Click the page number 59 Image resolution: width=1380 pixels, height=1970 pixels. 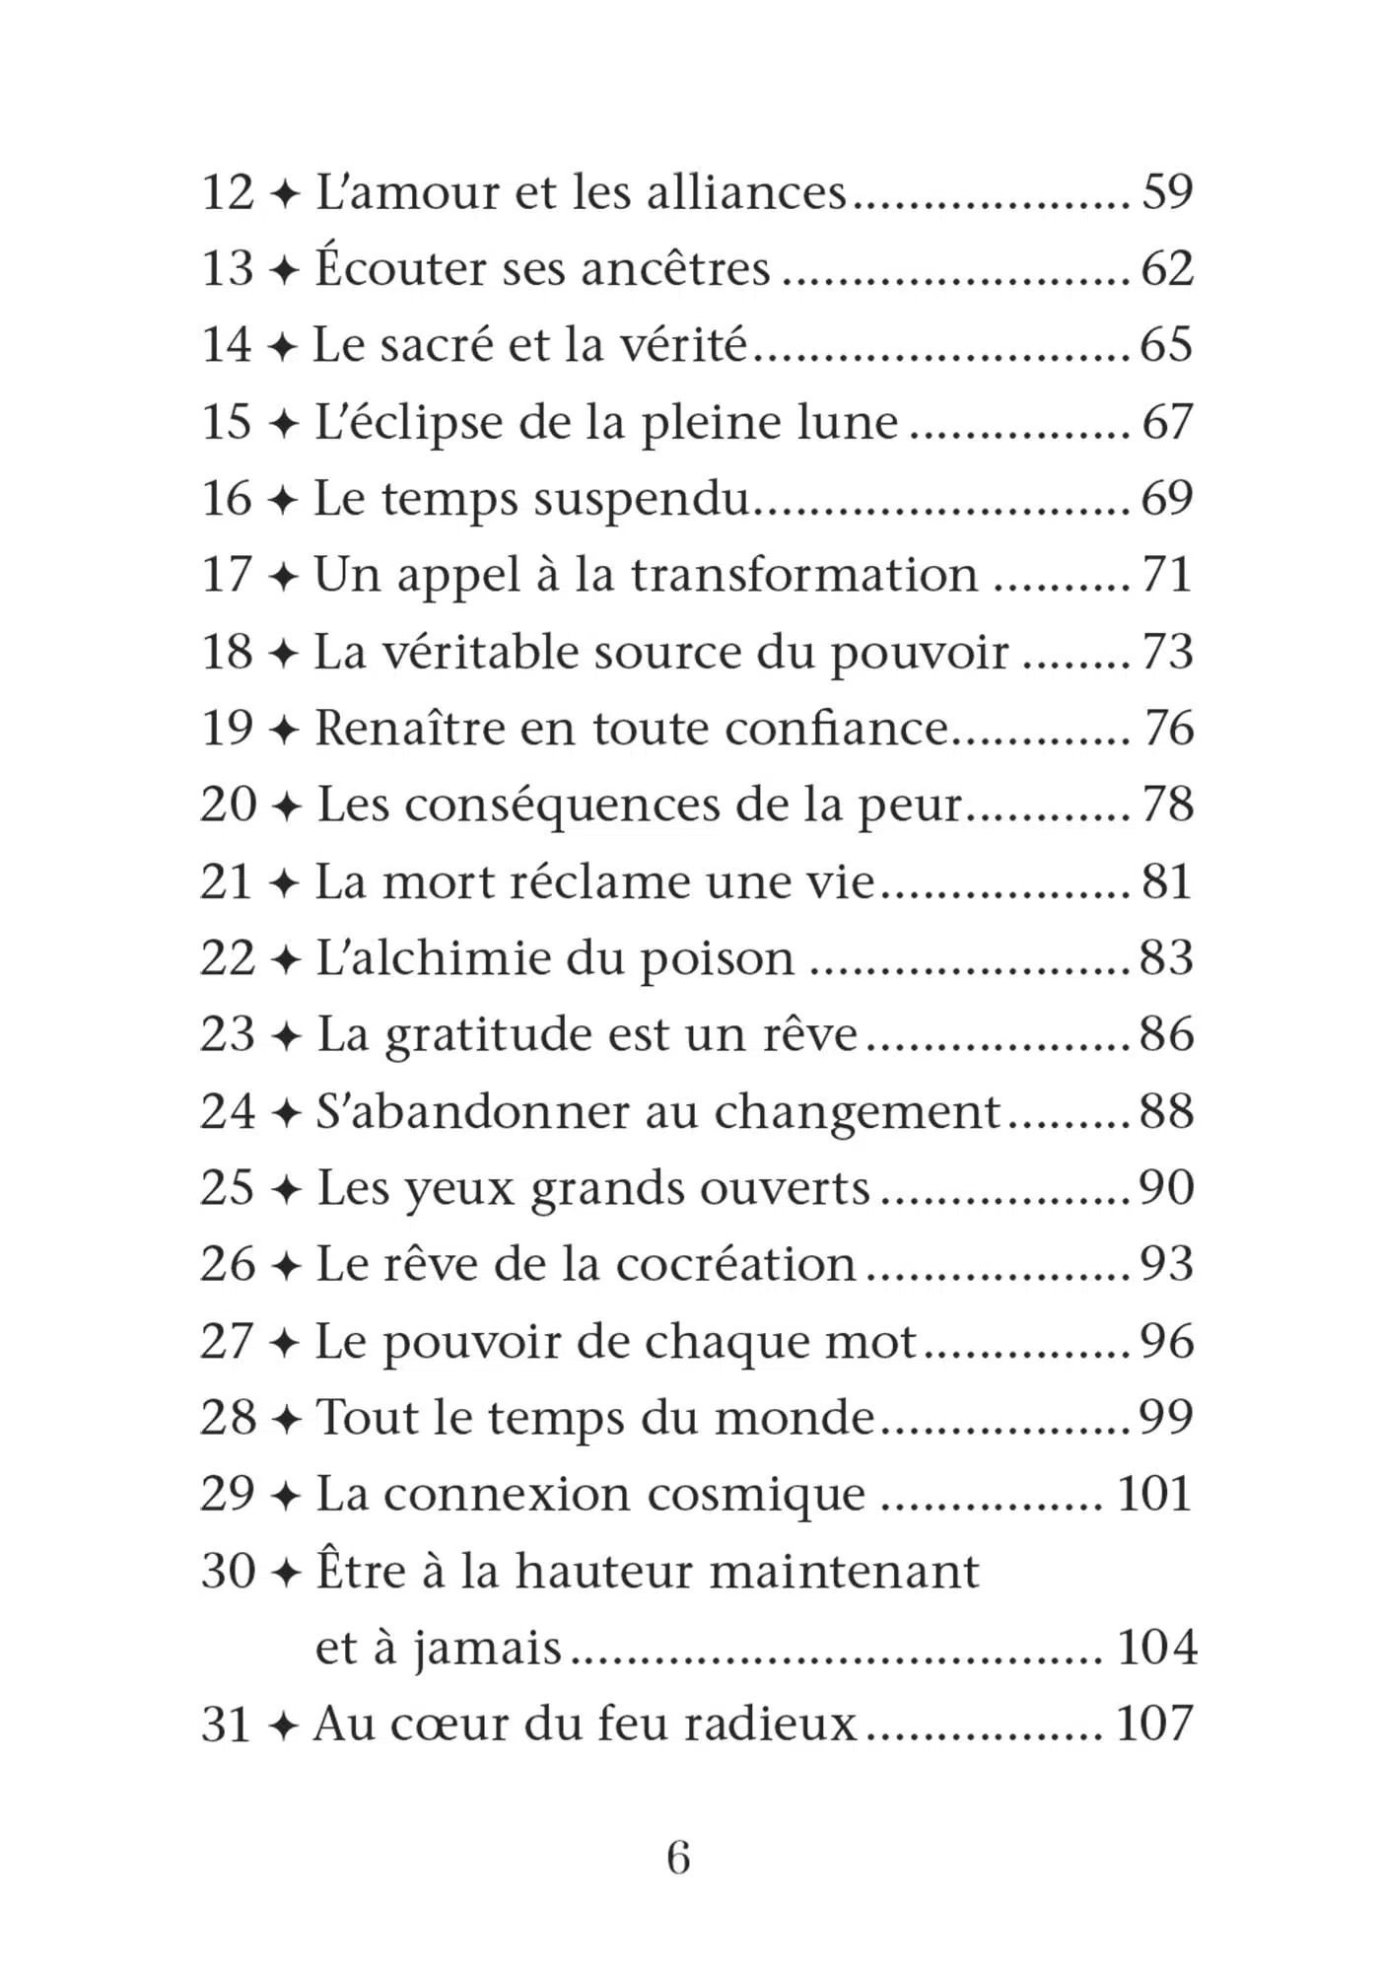pos(1167,191)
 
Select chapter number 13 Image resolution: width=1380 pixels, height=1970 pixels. pos(228,268)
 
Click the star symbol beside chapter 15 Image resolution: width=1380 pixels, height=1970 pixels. pos(284,422)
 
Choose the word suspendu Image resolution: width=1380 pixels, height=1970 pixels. pos(642,499)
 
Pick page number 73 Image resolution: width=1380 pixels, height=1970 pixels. pos(1167,652)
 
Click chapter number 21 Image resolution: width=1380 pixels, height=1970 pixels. pos(228,881)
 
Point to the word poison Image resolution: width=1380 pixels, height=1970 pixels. pos(718,959)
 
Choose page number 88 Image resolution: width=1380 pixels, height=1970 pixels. pos(1167,1111)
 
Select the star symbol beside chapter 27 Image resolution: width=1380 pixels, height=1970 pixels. pos(284,1342)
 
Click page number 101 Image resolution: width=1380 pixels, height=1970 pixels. pos(1154,1494)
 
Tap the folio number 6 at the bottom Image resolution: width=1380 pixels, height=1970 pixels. pos(678,1859)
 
